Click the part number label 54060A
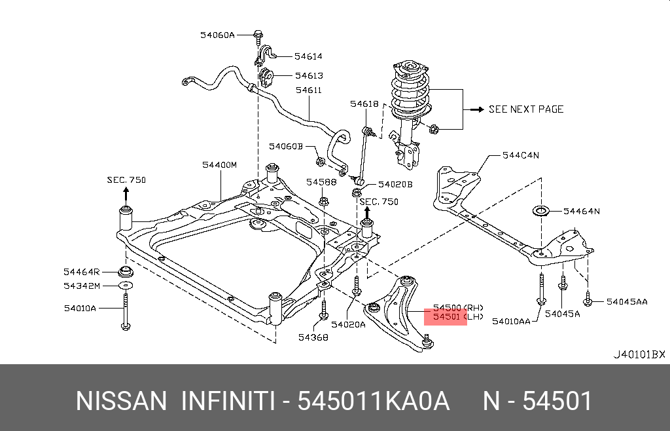click(217, 35)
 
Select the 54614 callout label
click(308, 57)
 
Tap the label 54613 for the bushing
click(308, 76)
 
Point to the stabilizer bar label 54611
click(308, 91)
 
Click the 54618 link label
click(364, 103)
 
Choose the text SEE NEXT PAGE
click(525, 109)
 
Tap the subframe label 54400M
click(219, 165)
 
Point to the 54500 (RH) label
click(457, 307)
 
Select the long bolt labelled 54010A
click(124, 312)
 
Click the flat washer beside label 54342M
click(124, 286)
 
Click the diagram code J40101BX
click(639, 354)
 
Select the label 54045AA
click(626, 302)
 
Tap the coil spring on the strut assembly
click(410, 96)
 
